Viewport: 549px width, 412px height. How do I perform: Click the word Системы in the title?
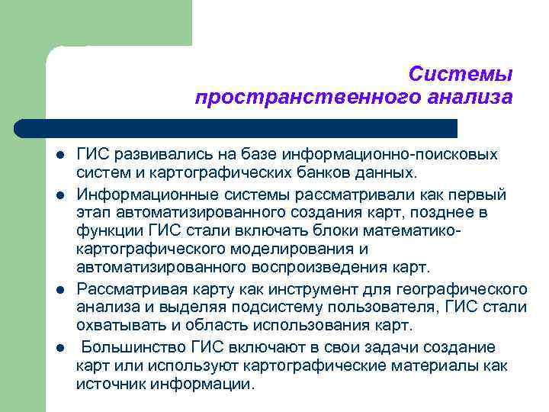[460, 74]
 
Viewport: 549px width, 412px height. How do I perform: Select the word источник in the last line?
[111, 384]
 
